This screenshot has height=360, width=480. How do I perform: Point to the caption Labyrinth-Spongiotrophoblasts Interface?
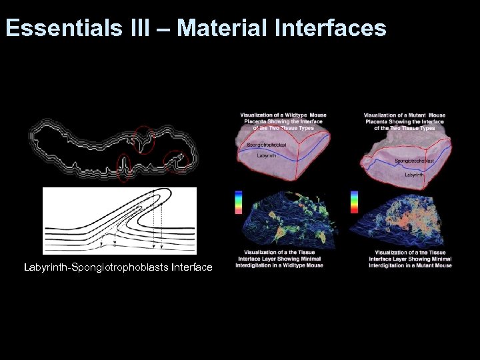click(x=118, y=267)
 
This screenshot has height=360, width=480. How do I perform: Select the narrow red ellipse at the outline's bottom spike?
click(x=123, y=167)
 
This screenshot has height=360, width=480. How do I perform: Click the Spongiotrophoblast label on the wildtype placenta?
click(x=267, y=144)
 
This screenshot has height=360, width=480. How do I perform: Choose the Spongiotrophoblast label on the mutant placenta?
click(x=414, y=161)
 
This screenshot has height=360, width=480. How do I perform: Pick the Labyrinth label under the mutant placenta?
click(x=415, y=175)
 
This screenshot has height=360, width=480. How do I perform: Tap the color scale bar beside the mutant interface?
click(x=354, y=202)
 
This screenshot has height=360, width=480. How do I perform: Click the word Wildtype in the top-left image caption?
click(x=297, y=115)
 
